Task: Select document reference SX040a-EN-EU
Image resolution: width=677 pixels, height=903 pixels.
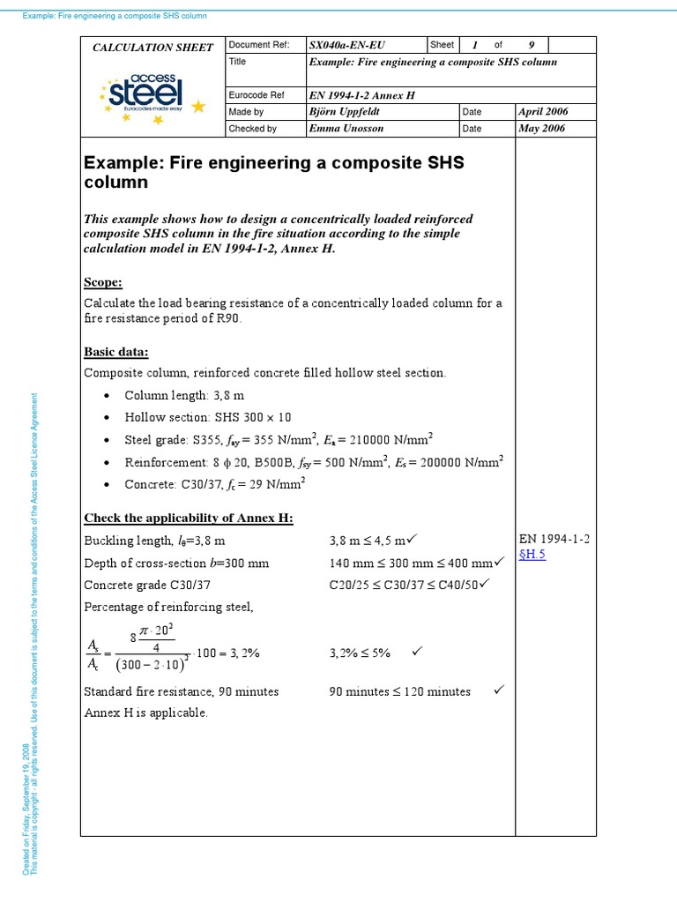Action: [x=347, y=45]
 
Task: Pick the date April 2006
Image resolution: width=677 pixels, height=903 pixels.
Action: [x=544, y=112]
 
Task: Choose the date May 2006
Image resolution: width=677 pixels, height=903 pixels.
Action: [x=542, y=129]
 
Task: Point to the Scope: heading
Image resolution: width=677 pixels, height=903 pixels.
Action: [x=103, y=282]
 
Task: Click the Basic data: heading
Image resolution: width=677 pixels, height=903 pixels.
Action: [x=116, y=352]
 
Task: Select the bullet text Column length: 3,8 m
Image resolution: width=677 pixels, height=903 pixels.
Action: [x=182, y=395]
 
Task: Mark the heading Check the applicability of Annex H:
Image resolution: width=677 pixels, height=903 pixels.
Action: [x=189, y=517]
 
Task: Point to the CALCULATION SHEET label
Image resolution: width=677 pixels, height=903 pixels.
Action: [x=153, y=48]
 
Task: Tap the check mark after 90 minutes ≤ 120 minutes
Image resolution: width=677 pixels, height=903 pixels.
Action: [x=499, y=690]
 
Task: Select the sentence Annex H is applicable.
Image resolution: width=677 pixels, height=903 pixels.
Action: [x=145, y=713]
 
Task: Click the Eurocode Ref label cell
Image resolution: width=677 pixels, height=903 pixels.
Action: [x=255, y=95]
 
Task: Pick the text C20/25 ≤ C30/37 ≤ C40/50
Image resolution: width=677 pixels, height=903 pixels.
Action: [x=404, y=585]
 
